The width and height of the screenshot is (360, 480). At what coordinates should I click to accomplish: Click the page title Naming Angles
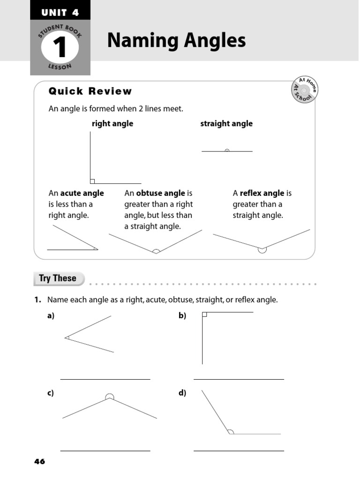[x=176, y=41]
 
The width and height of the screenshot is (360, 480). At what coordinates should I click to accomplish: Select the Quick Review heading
[x=90, y=91]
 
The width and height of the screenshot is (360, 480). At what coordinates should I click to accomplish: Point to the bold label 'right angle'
[x=112, y=124]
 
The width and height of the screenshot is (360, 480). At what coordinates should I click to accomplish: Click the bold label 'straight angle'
[x=226, y=124]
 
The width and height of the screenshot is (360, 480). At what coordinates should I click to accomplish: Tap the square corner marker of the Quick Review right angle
[x=92, y=181]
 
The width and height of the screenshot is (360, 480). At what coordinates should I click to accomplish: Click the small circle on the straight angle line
[x=227, y=151]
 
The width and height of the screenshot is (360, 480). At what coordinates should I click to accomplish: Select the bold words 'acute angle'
[x=82, y=193]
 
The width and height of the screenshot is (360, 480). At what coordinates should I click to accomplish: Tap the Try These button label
[x=58, y=278]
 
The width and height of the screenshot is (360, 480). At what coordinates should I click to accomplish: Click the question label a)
[x=51, y=316]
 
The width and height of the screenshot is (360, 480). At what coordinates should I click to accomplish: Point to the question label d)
[x=182, y=393]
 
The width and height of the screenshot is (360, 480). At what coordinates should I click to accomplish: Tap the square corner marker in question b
[x=204, y=315]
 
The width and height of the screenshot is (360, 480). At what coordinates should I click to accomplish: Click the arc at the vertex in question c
[x=109, y=397]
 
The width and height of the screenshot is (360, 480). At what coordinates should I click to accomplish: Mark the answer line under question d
[x=239, y=450]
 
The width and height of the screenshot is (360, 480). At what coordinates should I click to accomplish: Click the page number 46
[x=40, y=462]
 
